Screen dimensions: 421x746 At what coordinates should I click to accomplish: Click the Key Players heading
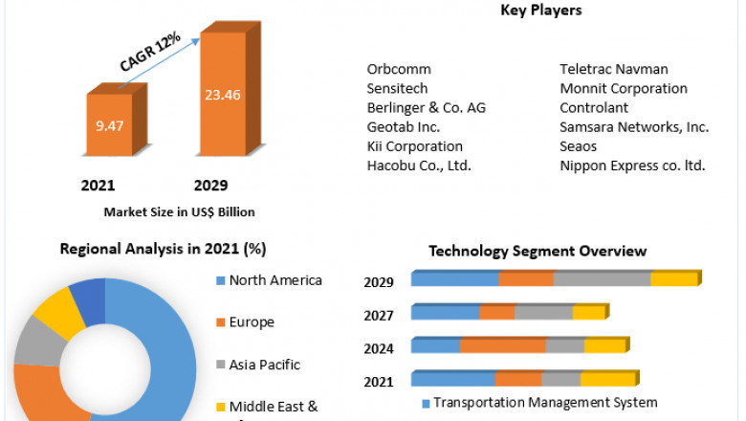pyautogui.click(x=540, y=11)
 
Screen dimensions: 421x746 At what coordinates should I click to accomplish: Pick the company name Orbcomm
pyautogui.click(x=399, y=69)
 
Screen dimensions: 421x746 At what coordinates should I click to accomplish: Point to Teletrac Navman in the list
pyautogui.click(x=613, y=69)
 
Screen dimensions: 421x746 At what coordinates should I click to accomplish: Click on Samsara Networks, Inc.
pyautogui.click(x=633, y=126)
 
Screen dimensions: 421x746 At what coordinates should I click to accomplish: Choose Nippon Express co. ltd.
pyautogui.click(x=632, y=166)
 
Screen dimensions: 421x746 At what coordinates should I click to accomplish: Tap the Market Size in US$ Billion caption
pyautogui.click(x=179, y=211)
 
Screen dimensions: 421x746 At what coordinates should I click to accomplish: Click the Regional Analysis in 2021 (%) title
pyautogui.click(x=163, y=249)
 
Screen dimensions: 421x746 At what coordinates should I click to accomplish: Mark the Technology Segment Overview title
pyautogui.click(x=538, y=251)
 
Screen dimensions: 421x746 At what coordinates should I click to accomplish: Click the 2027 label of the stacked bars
pyautogui.click(x=379, y=315)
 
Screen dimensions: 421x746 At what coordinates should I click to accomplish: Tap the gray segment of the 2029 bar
pyautogui.click(x=602, y=279)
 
